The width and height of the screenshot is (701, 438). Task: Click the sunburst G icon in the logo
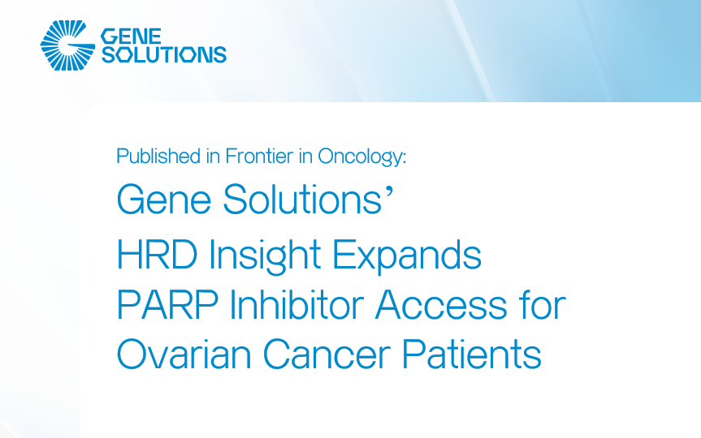pos(67,46)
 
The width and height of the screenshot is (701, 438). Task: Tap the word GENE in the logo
pos(131,36)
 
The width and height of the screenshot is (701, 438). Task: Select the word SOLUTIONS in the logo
pos(162,55)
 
